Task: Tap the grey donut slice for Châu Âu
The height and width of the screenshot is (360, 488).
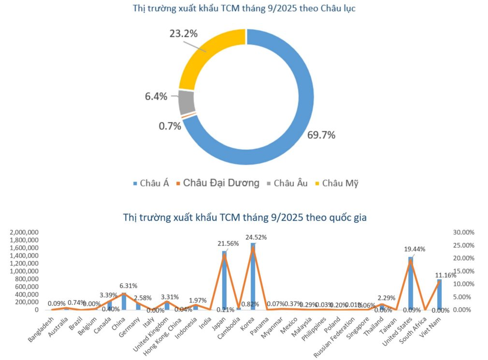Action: coord(187,102)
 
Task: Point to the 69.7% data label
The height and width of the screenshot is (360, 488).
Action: coord(321,135)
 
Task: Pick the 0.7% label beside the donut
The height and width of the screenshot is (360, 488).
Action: coord(170,126)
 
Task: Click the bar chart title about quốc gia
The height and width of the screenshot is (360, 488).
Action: coord(244,217)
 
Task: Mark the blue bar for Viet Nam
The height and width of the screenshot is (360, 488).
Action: coord(439,294)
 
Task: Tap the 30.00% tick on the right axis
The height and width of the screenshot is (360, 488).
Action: coord(463,232)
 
